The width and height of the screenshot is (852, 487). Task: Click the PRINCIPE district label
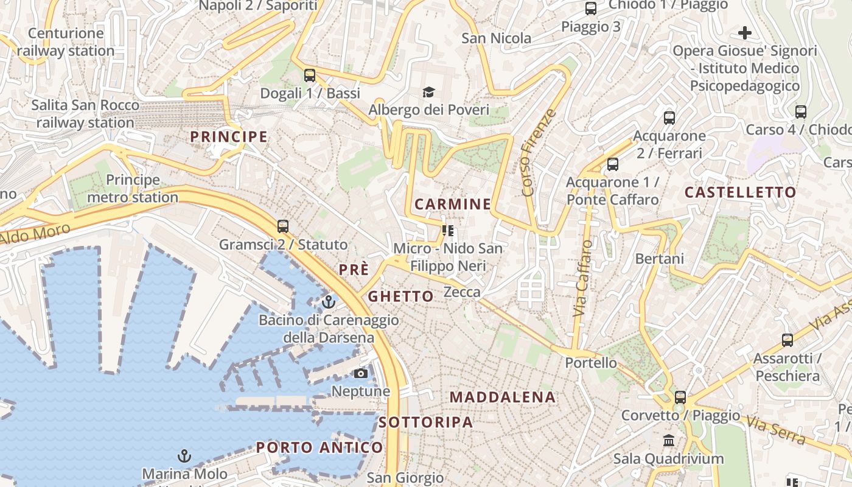229,137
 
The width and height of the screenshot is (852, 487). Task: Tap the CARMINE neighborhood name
452,205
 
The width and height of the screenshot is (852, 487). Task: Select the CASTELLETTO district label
740,192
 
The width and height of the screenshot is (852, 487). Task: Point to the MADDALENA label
503,398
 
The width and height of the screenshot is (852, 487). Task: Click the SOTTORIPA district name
425,422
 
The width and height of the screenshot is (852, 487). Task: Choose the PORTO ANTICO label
319,448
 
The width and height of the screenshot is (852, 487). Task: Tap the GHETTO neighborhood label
400,296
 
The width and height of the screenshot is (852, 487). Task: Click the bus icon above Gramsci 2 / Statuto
282,226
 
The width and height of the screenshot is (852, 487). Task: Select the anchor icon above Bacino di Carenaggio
329,301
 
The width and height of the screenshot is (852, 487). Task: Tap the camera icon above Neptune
361,373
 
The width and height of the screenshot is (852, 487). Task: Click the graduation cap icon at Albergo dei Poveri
429,93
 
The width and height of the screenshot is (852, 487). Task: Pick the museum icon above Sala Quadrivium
669,440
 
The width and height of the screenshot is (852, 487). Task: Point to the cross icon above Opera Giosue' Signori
744,33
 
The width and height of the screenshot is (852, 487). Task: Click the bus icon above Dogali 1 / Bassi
310,75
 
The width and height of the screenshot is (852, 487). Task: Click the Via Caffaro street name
582,278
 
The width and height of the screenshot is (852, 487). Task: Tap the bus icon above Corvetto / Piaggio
680,398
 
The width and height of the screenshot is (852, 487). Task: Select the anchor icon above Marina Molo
184,455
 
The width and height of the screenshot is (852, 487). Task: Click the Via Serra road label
776,430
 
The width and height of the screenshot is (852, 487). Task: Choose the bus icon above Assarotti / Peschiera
787,340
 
